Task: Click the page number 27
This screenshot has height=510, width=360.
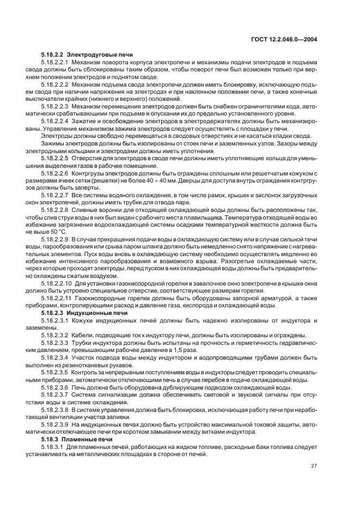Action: coord(314,465)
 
